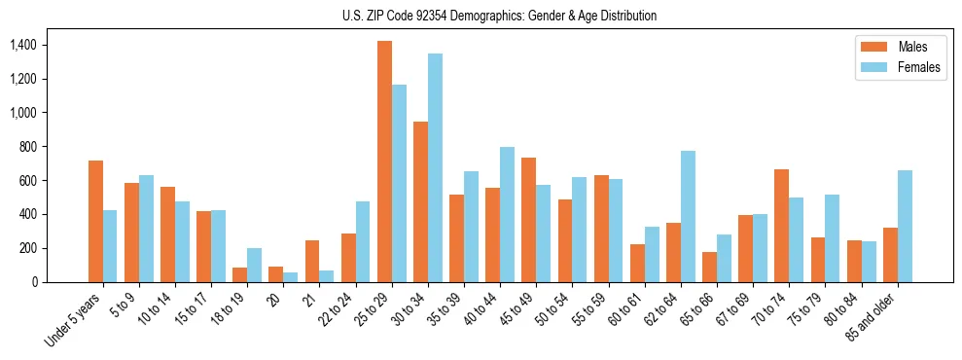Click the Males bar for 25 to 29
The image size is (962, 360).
384,162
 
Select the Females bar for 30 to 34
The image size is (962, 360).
435,168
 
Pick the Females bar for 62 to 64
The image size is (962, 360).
688,216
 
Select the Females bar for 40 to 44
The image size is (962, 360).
507,214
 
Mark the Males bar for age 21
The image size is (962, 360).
312,261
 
